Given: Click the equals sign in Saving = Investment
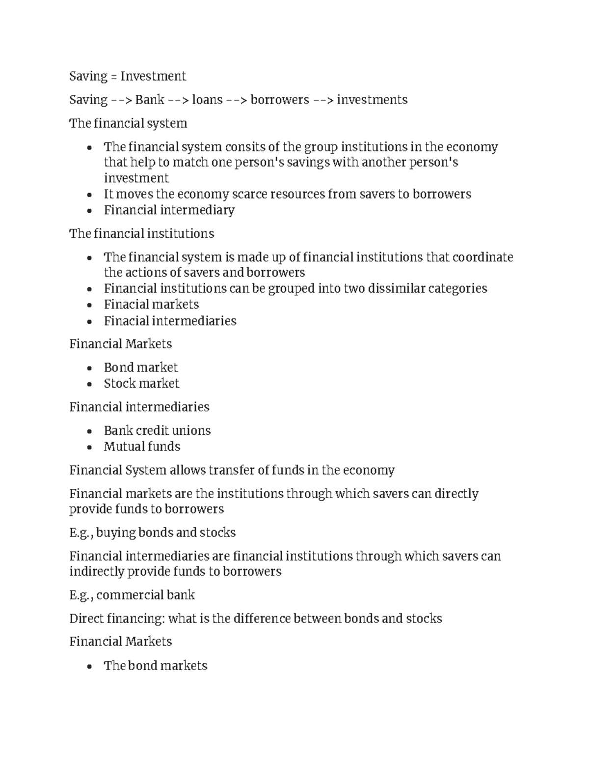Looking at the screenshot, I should [114, 77].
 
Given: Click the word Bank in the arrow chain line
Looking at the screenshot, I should [150, 100].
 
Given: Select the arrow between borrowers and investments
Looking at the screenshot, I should [323, 100].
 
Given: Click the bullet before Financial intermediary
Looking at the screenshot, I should [89, 211].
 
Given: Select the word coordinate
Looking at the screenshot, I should [482, 257].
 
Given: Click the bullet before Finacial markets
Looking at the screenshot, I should [89, 306].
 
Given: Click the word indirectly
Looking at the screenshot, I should [96, 571].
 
